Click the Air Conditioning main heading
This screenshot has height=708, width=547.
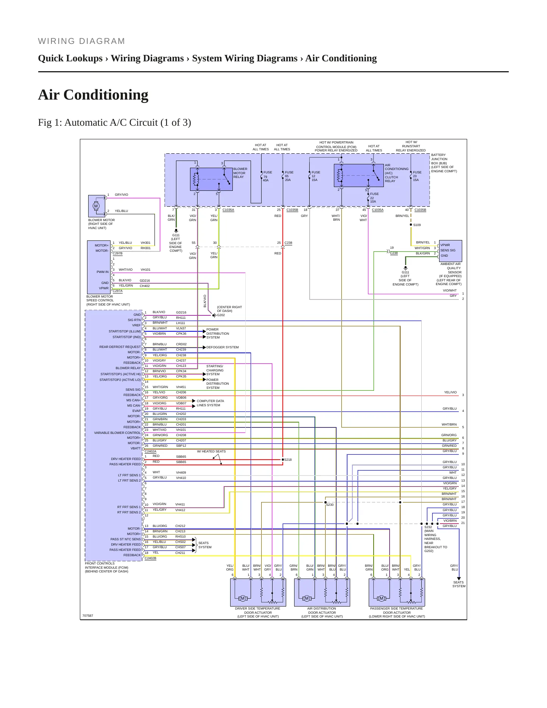93,95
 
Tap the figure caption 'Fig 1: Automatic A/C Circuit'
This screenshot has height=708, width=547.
114,123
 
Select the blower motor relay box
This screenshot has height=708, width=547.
211,179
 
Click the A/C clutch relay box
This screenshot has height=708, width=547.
359,176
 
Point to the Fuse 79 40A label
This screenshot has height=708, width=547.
268,176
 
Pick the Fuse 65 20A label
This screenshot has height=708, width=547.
289,176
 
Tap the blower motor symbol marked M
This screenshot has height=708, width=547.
96,206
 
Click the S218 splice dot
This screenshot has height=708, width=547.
283,460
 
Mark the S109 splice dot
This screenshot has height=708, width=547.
411,225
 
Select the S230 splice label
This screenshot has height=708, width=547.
330,505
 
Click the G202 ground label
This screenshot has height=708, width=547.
221,315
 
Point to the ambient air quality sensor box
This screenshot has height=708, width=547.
450,251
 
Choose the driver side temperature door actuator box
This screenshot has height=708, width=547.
258,593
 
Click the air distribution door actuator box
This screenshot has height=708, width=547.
322,593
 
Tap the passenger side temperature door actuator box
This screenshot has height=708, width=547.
397,593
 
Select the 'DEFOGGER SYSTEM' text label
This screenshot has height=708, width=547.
223,347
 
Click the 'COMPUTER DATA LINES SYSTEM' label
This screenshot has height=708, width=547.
210,403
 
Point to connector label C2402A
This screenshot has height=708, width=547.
150,451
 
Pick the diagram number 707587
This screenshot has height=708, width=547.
87,616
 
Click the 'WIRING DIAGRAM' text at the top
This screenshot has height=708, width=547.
81,41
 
